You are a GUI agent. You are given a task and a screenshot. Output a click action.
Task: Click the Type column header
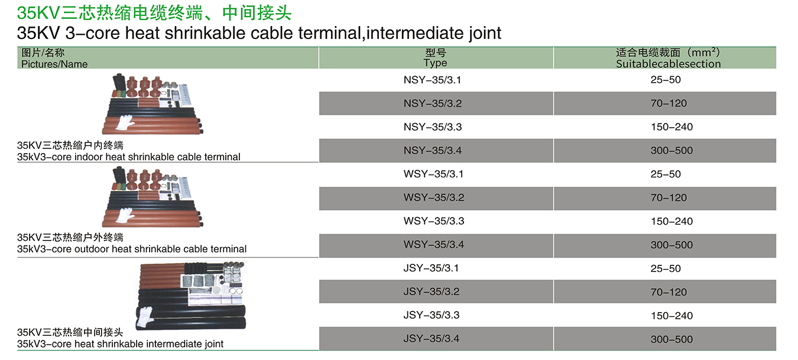click(x=435, y=58)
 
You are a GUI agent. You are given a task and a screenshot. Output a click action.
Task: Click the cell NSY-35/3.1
click(x=432, y=80)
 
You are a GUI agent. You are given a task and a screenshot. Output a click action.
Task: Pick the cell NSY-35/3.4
click(x=433, y=150)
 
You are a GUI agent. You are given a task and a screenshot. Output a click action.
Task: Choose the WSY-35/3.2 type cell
click(x=433, y=197)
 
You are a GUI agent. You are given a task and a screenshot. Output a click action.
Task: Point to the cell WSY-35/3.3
click(x=433, y=221)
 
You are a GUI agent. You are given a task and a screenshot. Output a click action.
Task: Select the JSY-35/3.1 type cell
click(x=431, y=268)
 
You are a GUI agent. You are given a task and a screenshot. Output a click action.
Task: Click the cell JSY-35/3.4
click(x=431, y=338)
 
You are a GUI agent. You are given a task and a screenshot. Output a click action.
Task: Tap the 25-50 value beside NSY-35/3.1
click(x=666, y=80)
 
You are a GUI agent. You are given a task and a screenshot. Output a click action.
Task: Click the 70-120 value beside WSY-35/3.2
click(x=669, y=198)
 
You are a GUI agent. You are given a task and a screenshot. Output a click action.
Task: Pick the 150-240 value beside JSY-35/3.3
click(x=672, y=316)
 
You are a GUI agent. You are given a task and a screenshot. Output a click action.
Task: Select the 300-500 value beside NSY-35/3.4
click(x=672, y=150)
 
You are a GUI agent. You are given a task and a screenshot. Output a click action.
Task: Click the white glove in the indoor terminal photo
click(x=125, y=122)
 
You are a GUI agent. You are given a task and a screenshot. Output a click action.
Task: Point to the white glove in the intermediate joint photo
click(x=145, y=316)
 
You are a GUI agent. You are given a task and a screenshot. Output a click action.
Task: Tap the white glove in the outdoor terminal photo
click(x=125, y=215)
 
